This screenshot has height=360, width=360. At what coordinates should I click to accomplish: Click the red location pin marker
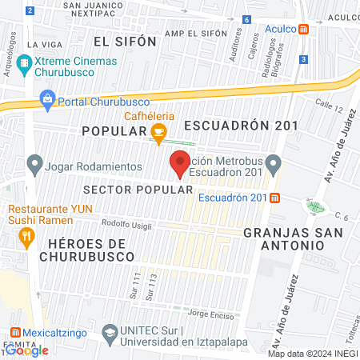(180, 163)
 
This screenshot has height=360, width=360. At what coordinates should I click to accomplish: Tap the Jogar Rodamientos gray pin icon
(34, 166)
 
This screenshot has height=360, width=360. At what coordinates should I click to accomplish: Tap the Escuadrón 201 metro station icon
(274, 198)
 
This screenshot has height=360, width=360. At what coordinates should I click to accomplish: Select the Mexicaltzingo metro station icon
(14, 332)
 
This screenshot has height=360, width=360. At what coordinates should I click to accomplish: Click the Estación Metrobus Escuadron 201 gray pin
(273, 166)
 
